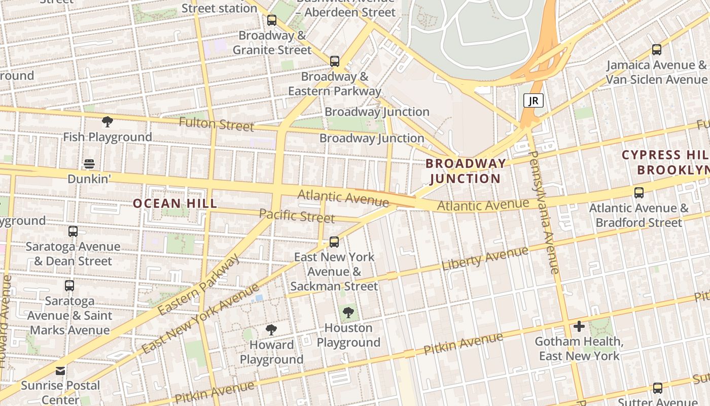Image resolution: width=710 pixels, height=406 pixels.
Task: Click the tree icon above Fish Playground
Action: point(107,122)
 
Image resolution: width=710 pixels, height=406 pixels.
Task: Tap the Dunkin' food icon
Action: point(89,164)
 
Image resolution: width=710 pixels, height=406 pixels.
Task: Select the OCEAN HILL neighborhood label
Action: point(175,204)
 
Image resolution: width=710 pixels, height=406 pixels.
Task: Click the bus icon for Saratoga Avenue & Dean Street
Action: point(73,231)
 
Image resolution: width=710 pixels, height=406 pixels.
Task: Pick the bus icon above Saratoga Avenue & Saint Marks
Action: point(69,286)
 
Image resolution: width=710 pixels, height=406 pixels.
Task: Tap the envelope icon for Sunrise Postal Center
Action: point(60,370)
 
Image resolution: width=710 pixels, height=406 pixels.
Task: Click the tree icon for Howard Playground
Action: point(271,330)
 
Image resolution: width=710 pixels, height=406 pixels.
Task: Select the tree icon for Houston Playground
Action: point(348,313)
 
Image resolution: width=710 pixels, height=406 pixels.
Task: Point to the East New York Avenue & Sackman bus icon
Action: point(334,242)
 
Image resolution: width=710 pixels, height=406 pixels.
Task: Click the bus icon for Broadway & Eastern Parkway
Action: point(335,61)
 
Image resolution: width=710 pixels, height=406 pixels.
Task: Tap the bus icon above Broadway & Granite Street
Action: point(272,20)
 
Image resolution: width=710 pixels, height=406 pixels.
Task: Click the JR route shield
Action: point(533,100)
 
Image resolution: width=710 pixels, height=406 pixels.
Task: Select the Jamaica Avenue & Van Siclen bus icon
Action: point(657,50)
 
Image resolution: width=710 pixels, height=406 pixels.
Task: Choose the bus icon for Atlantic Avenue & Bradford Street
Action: point(639,193)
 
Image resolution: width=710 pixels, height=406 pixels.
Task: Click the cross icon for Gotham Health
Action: point(579,326)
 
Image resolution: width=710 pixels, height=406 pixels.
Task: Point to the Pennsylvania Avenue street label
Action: point(544,212)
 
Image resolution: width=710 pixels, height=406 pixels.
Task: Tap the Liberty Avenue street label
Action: point(485,259)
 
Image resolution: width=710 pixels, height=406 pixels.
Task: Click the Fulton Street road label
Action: point(217,124)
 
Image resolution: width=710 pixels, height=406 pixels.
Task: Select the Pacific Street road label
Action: point(297,216)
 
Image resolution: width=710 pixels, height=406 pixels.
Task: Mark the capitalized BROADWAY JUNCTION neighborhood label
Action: point(466,171)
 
